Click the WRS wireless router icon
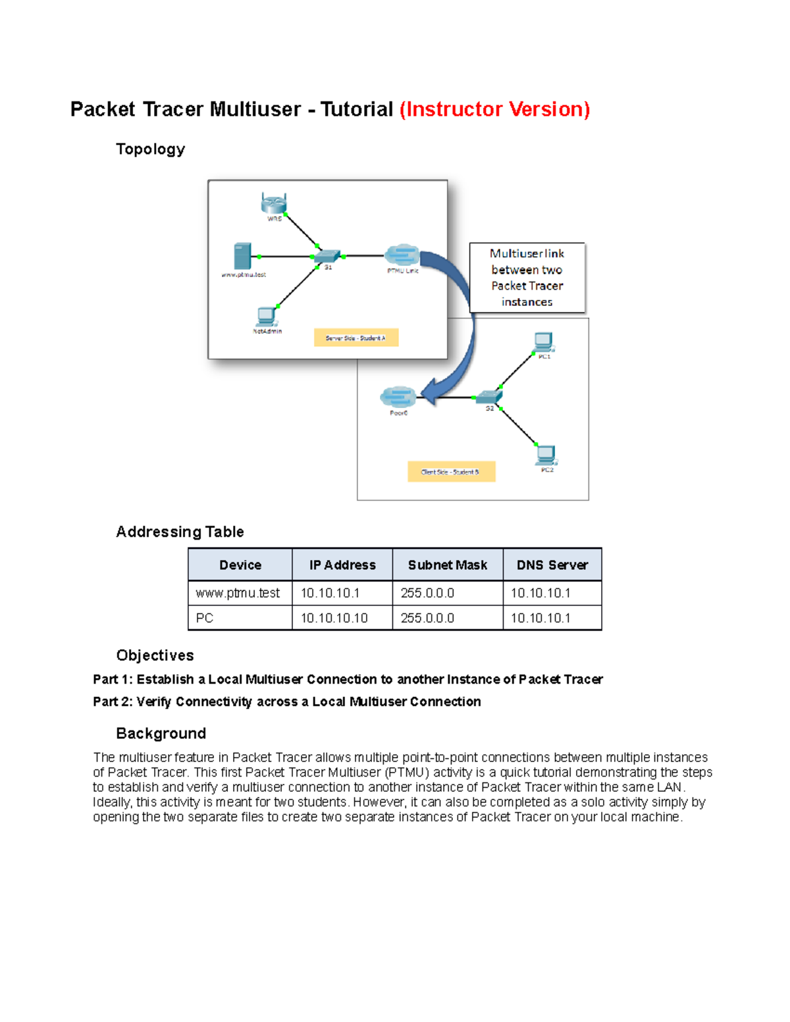(274, 203)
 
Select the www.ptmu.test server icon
(242, 256)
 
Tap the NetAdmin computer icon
(267, 317)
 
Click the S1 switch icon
(327, 256)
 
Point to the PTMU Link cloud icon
(402, 255)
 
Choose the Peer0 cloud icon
(398, 397)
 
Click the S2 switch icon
(489, 397)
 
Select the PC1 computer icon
(544, 342)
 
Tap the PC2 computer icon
(546, 455)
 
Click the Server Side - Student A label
(355, 338)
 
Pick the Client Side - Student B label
(451, 471)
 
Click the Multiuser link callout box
(527, 278)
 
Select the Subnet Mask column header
(447, 565)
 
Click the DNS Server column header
(552, 565)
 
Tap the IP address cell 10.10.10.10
(334, 618)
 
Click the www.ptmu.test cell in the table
(238, 593)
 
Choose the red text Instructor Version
(494, 109)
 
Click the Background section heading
(161, 733)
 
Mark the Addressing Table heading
(180, 532)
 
